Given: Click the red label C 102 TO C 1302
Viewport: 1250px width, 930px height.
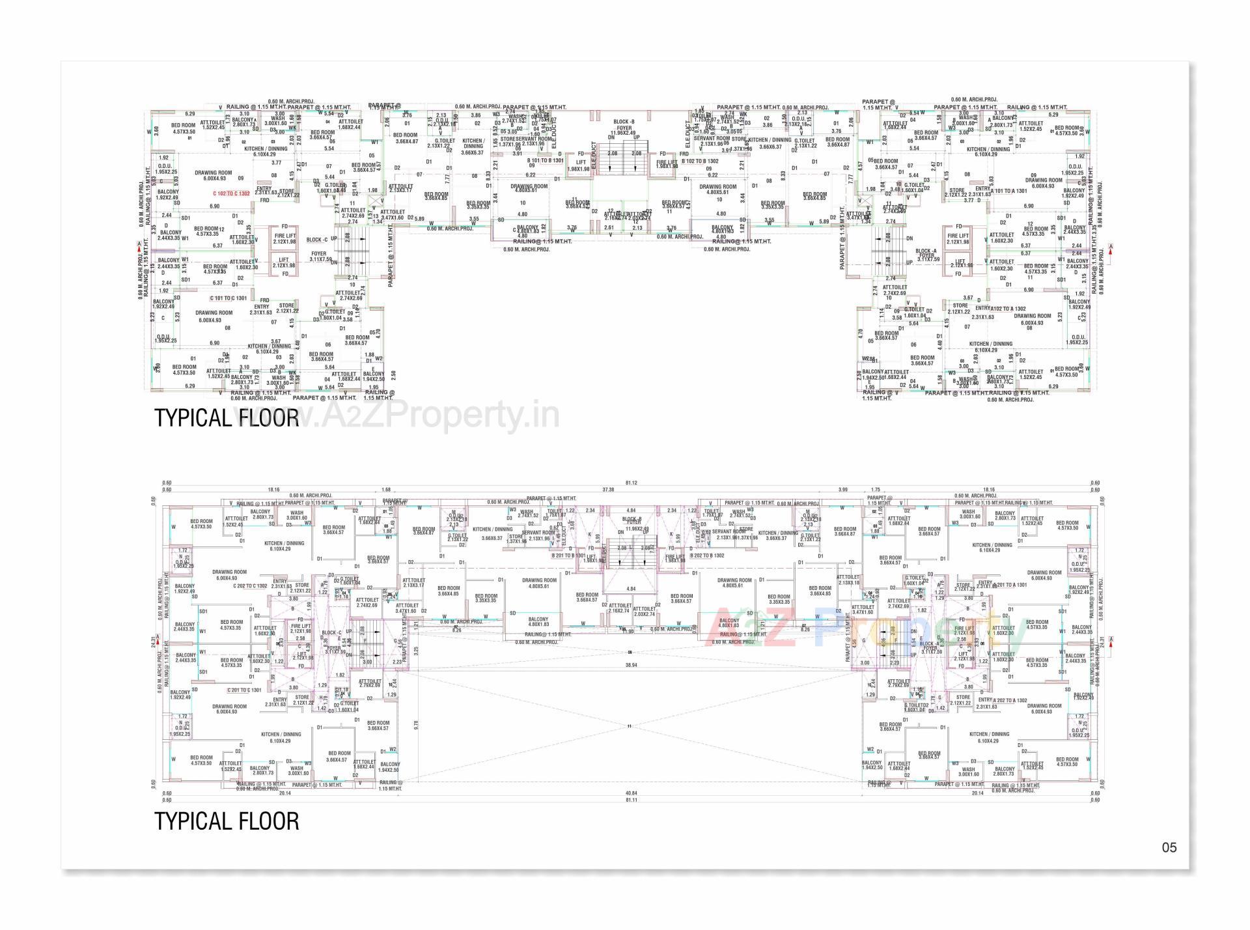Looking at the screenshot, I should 231,193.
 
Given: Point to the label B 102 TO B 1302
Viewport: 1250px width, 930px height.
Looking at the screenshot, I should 700,161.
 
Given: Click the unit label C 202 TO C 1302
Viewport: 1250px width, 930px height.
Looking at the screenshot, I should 250,585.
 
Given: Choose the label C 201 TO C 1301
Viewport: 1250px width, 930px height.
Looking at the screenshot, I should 244,690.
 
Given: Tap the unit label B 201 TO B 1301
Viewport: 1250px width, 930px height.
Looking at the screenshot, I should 568,556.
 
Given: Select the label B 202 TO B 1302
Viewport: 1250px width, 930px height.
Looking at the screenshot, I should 707,556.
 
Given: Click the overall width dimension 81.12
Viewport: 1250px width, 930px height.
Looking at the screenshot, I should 630,483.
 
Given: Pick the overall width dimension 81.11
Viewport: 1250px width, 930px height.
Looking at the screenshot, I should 630,800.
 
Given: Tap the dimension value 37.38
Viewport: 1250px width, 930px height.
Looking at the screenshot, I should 608,490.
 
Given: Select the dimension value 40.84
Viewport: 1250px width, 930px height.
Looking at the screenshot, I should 630,793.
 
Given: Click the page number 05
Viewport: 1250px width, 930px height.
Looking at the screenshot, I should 1169,848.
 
